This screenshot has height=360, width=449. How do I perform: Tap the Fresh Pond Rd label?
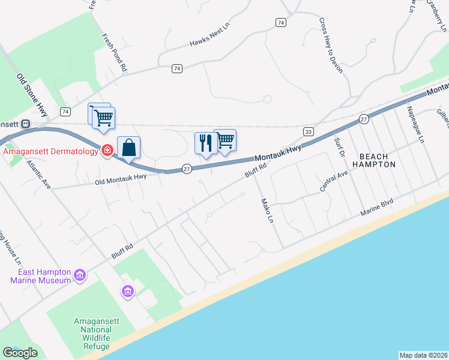[x=115, y=53]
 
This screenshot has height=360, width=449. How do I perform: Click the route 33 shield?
[x=309, y=131]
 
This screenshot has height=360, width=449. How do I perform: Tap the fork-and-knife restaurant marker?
[x=205, y=143]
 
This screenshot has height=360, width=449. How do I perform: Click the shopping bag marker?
[x=129, y=147]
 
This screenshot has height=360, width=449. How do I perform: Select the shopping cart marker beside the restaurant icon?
[x=225, y=140]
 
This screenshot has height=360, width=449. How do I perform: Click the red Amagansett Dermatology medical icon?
[x=107, y=150]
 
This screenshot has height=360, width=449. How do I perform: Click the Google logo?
[x=20, y=352]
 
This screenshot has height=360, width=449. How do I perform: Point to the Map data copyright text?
[x=423, y=355]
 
